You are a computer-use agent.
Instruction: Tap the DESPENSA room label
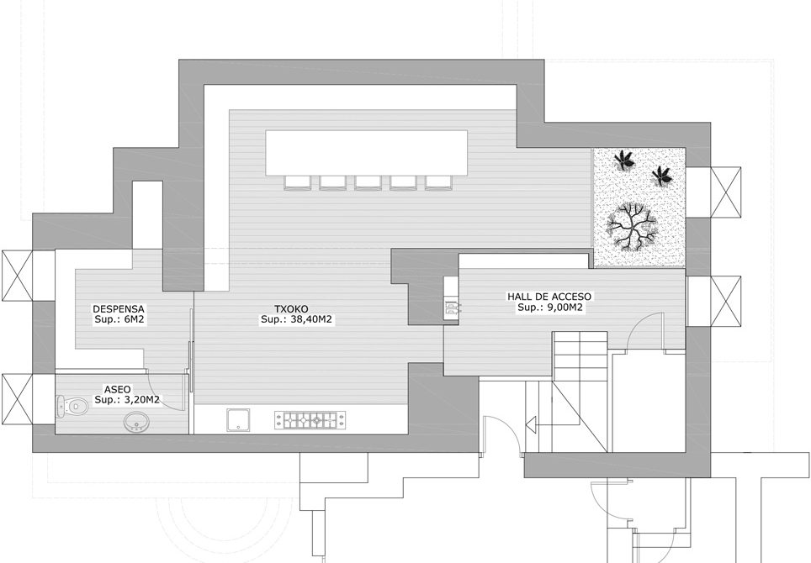[x=119, y=309]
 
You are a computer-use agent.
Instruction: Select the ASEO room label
[x=118, y=389]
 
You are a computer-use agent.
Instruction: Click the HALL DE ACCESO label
[x=549, y=297]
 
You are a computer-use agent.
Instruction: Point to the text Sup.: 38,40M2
[x=296, y=319]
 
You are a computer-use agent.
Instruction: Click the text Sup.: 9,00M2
[x=550, y=308]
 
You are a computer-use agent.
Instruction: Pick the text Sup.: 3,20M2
[x=127, y=400]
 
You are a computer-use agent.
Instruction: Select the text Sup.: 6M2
[x=119, y=319]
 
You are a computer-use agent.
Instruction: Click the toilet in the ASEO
[x=71, y=406]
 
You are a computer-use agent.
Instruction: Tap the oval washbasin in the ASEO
[x=137, y=422]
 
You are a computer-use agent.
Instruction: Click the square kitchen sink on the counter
[x=238, y=420]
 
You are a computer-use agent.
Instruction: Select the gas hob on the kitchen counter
[x=310, y=420]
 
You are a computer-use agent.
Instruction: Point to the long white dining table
[x=367, y=152]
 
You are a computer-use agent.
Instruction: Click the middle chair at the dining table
[x=368, y=183]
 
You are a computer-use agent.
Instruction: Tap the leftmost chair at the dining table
[x=298, y=183]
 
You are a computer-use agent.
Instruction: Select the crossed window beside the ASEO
[x=17, y=399]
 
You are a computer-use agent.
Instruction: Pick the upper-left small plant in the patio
[x=624, y=160]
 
